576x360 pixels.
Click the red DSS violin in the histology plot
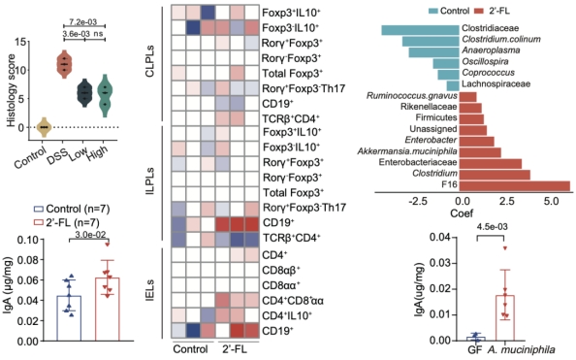pyautogui.click(x=65, y=64)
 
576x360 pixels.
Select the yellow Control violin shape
pyautogui.click(x=44, y=127)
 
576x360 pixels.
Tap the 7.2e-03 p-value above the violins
pyautogui.click(x=83, y=22)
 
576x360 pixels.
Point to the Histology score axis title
pyautogui.click(x=12, y=90)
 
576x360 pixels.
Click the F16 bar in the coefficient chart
pyautogui.click(x=515, y=185)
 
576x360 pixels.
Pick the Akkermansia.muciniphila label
pyautogui.click(x=407, y=151)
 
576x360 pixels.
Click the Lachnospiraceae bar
pyautogui.click(x=453, y=86)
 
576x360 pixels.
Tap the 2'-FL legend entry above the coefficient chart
pyautogui.click(x=492, y=11)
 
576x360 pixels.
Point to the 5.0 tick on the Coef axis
pyautogui.click(x=551, y=202)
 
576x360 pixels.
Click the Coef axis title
pyautogui.click(x=462, y=213)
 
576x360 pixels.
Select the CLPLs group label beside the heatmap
pyautogui.click(x=150, y=61)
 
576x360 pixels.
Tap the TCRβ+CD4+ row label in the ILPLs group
pyautogui.click(x=291, y=238)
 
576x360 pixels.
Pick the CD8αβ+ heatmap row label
pyautogui.click(x=281, y=271)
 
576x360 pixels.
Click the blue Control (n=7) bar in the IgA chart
pyautogui.click(x=69, y=318)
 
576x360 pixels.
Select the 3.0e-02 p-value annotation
pyautogui.click(x=90, y=235)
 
